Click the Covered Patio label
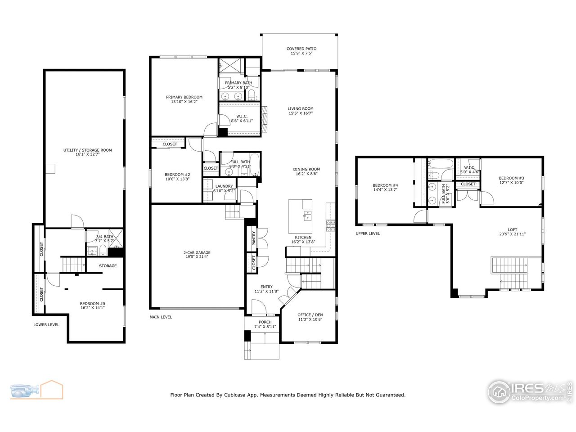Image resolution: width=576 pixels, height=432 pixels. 301,49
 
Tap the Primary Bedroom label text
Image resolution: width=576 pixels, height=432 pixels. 184,97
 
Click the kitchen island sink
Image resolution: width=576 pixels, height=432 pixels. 307,216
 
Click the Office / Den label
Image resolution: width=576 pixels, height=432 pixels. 310,315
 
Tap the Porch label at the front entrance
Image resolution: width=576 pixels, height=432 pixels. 265,322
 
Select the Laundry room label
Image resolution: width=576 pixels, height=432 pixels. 224,186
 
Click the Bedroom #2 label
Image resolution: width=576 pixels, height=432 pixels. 177,175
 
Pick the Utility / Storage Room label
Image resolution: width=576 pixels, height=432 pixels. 87,150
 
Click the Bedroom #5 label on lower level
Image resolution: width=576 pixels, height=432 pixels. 92,303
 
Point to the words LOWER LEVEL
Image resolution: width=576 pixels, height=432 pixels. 46,324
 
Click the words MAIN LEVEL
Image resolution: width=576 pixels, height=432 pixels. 161,317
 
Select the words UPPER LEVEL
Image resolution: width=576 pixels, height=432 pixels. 367,234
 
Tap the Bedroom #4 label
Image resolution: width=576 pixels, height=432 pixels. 385,185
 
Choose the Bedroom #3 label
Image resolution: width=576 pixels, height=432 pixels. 511,178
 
